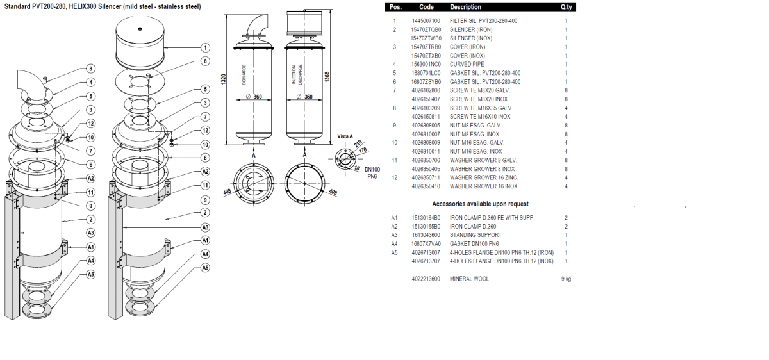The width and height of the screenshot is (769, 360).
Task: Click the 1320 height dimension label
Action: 224,79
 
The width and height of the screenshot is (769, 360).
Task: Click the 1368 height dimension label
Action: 327,76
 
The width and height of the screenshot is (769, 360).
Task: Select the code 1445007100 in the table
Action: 426,21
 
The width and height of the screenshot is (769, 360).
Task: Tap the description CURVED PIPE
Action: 467,64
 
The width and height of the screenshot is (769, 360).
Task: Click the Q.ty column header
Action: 566,7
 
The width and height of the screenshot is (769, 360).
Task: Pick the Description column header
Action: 465,7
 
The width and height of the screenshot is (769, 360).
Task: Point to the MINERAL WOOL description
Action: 469,279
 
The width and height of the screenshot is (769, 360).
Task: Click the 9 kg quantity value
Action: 566,279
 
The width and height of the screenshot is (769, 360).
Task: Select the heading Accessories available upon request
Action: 480,204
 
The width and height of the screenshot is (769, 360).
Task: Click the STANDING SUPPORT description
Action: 475,235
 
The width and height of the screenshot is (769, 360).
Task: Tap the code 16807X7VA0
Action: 426,244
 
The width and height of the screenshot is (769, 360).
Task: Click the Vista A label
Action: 345,136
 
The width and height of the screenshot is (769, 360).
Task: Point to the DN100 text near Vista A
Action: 372,170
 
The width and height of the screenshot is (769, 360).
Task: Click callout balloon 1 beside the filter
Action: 205,47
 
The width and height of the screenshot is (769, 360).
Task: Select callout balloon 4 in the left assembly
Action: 90,83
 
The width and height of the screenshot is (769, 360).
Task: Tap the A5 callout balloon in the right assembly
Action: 205,268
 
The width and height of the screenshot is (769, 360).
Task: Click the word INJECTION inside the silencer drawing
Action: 294,75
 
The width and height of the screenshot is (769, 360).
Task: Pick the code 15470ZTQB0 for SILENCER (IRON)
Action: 426,30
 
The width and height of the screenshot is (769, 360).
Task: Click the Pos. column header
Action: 395,7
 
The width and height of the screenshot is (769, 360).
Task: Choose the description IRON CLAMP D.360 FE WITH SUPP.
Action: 492,218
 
